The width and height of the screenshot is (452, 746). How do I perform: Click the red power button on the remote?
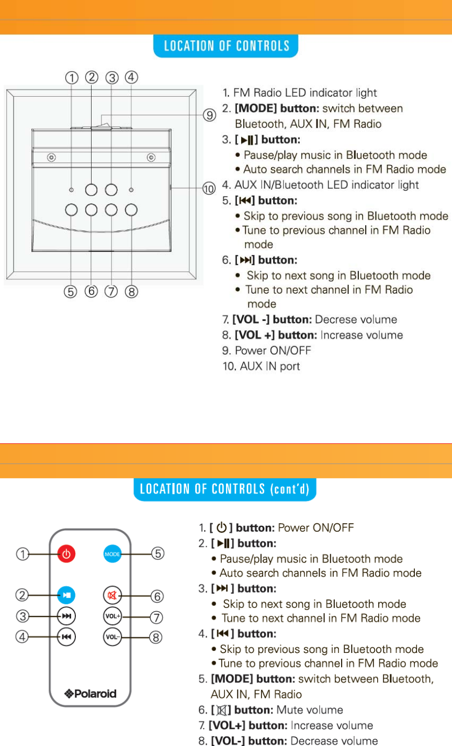point(66,554)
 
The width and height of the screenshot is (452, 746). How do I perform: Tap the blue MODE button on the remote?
point(112,554)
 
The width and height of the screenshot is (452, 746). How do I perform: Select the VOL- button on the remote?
point(112,637)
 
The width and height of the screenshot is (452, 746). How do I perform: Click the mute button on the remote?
point(112,595)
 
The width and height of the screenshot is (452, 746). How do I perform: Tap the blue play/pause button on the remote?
point(66,595)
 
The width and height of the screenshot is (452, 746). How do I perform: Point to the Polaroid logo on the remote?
point(90,694)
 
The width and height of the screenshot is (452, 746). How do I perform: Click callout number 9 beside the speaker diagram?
point(209,115)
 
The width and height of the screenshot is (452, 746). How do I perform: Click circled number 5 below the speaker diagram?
point(70,292)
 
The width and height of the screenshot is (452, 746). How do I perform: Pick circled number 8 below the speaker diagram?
point(131,292)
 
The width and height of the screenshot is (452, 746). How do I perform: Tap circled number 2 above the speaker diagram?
point(92,77)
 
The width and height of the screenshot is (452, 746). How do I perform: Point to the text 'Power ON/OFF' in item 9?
point(273,350)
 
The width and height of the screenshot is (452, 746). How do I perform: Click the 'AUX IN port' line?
point(262,366)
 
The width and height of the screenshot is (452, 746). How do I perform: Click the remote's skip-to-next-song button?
point(66,616)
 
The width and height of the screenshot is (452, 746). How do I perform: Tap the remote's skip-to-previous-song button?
point(66,637)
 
